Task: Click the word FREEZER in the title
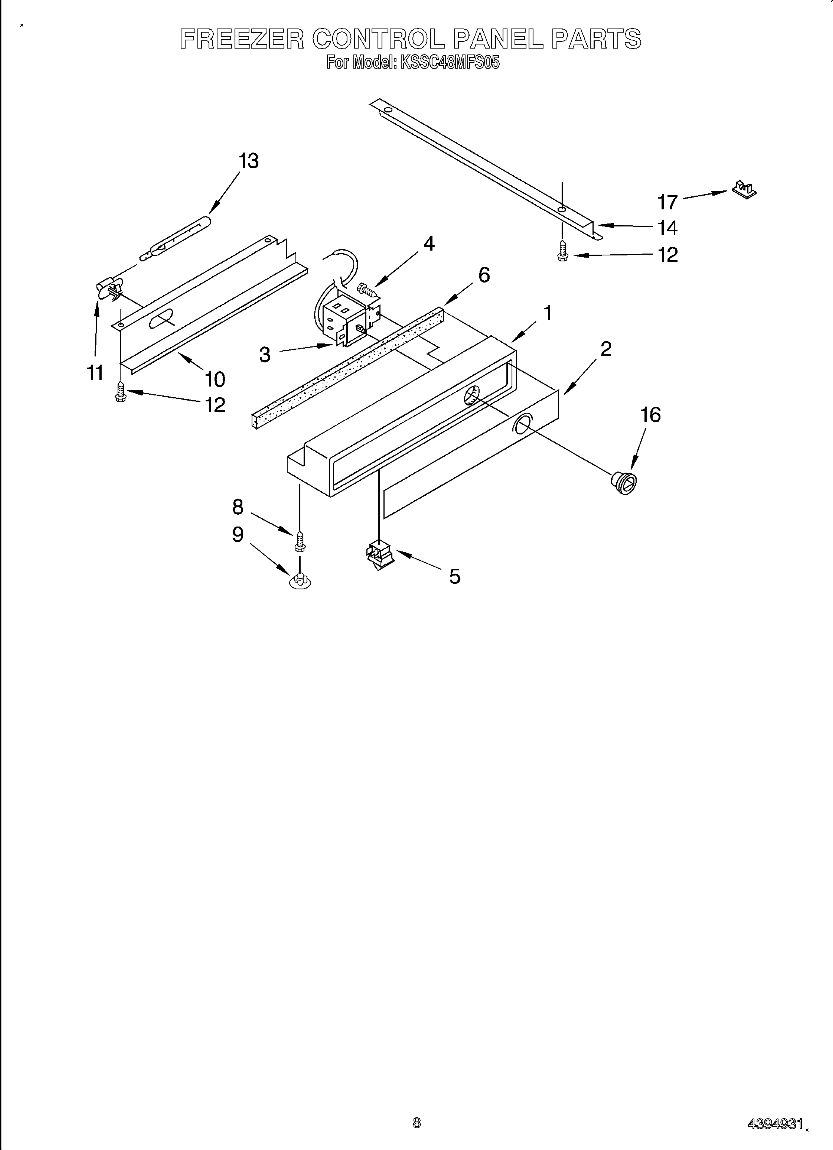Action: click(x=242, y=39)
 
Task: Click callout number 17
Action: click(x=667, y=202)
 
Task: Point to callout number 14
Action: click(x=667, y=228)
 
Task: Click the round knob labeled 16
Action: click(x=624, y=481)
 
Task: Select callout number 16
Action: click(x=651, y=415)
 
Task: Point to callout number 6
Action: click(x=484, y=275)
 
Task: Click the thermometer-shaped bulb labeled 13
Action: click(x=175, y=236)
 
